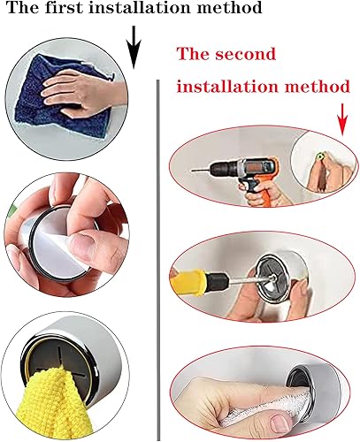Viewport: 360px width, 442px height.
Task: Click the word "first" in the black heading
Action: tap(64, 7)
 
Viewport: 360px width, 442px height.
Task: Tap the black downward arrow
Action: tap(134, 47)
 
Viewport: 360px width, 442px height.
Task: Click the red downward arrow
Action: tap(342, 119)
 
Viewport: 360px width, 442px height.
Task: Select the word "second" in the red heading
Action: tap(245, 54)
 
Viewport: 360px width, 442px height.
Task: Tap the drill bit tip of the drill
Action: tap(192, 170)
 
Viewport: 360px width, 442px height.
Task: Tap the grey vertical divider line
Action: tap(158, 259)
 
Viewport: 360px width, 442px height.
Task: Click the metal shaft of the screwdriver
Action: tap(250, 279)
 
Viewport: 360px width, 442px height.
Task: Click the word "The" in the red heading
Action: tap(193, 54)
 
